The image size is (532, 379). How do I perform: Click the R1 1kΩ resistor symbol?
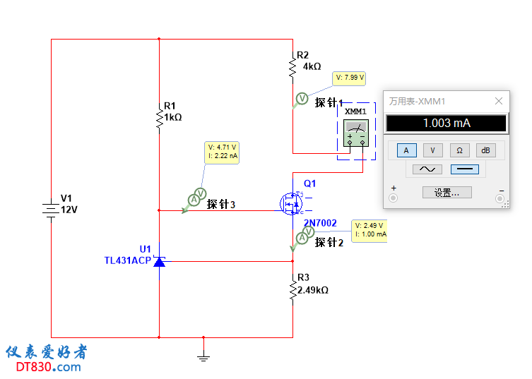click(159, 117)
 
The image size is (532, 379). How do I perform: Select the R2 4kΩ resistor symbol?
click(292, 67)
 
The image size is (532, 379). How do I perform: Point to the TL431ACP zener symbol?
click(159, 262)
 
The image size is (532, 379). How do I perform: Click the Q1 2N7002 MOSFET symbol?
click(290, 204)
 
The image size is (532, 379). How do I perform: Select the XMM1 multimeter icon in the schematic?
click(355, 133)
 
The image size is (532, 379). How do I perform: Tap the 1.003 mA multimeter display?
click(447, 124)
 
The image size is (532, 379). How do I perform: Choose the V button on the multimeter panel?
click(433, 150)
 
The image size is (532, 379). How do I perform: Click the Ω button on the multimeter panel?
click(459, 150)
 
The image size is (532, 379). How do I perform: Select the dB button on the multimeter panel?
click(485, 150)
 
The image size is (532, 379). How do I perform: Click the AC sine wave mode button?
click(427, 169)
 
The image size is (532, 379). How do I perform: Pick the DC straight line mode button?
click(464, 169)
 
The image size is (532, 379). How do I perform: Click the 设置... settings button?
click(447, 193)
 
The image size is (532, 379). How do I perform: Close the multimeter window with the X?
click(499, 102)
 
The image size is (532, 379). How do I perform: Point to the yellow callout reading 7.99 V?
click(350, 78)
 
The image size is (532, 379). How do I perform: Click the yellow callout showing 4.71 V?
click(222, 152)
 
